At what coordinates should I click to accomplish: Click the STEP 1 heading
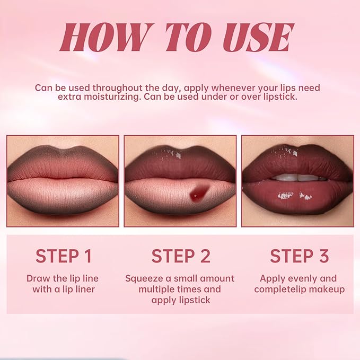64,256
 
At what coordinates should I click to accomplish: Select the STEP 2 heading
180,256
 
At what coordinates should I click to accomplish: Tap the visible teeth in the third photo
296,178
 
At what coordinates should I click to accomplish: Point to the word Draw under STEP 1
38,278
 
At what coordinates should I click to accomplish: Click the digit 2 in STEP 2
204,256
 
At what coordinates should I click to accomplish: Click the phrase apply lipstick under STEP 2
180,300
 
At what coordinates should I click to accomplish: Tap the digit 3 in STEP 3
323,256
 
